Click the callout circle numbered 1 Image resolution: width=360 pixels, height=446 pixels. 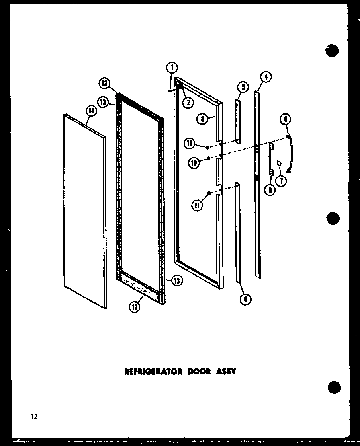tap(172, 67)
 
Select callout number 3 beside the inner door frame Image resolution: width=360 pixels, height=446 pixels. tap(202, 119)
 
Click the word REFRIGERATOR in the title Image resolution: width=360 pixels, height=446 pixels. tap(153, 371)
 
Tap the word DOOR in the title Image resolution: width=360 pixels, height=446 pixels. tap(199, 371)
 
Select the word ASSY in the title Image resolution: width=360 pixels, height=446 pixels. tap(225, 371)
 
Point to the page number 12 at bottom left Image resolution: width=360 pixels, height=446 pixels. tap(34, 417)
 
